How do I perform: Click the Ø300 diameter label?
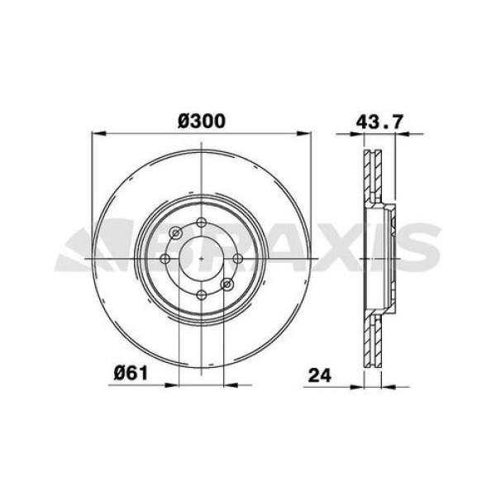point(203,121)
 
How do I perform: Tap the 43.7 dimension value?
point(379,121)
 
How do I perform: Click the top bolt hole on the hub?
point(202,222)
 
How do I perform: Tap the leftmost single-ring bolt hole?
point(165,259)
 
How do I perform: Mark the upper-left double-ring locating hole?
point(175,232)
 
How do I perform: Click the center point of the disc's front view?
point(202,259)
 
